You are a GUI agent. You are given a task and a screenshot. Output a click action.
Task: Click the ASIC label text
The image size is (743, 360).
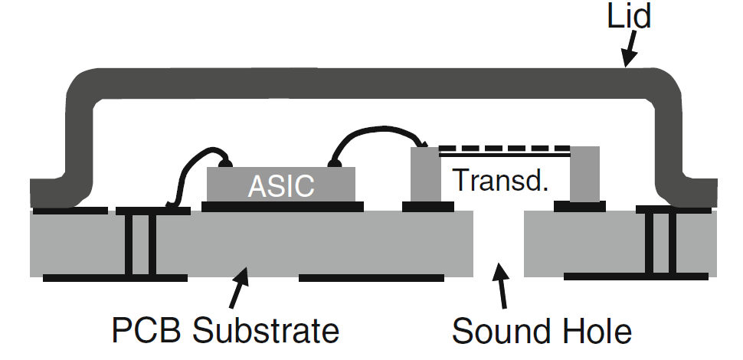pyautogui.click(x=281, y=185)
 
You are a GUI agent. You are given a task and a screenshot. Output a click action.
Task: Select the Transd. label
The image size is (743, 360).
pyautogui.click(x=501, y=179)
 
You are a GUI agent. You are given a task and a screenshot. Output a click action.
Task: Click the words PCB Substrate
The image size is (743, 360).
pyautogui.click(x=226, y=331)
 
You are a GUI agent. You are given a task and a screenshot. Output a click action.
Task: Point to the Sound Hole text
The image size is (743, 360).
pyautogui.click(x=542, y=331)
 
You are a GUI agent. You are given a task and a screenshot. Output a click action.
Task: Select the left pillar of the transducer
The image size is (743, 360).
pyautogui.click(x=423, y=175)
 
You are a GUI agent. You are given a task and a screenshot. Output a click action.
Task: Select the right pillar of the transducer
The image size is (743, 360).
pyautogui.click(x=584, y=175)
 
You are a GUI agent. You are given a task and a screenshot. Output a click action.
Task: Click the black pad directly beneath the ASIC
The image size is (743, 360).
pyautogui.click(x=282, y=205)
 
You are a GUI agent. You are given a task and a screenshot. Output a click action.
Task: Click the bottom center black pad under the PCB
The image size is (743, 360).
pyautogui.click(x=371, y=277)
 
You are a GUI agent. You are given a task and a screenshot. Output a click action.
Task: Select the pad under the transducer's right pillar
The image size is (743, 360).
pyautogui.click(x=580, y=205)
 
